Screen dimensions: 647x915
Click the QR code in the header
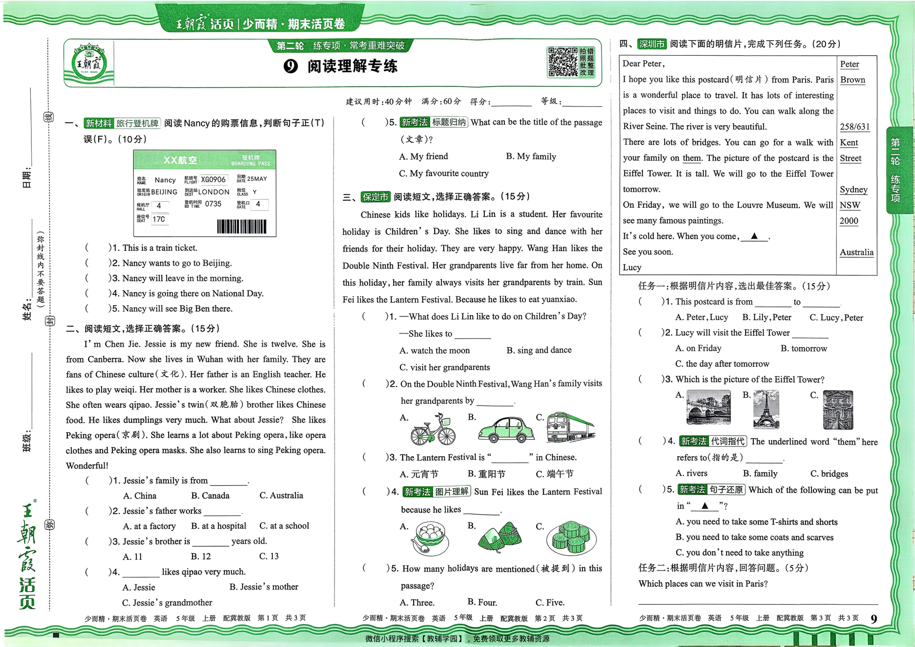pos(562,62)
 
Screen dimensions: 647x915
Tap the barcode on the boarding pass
pos(241,227)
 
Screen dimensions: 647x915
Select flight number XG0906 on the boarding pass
pos(213,180)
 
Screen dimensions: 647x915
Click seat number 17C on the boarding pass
pos(159,219)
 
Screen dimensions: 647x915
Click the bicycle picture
pos(433,429)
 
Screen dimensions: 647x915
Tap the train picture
pos(570,428)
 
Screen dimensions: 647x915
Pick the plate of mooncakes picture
pos(571,538)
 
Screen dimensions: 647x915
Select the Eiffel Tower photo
pos(765,409)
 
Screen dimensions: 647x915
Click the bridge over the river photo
pos(708,407)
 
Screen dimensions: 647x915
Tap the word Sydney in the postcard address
pos(853,189)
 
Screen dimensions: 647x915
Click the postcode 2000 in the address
pos(849,221)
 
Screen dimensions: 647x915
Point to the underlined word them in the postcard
pos(691,158)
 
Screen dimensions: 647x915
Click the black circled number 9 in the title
pos(291,66)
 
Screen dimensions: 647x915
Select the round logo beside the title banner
pos(89,63)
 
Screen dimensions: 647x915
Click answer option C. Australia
pos(281,495)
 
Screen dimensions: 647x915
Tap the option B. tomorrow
pos(804,349)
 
